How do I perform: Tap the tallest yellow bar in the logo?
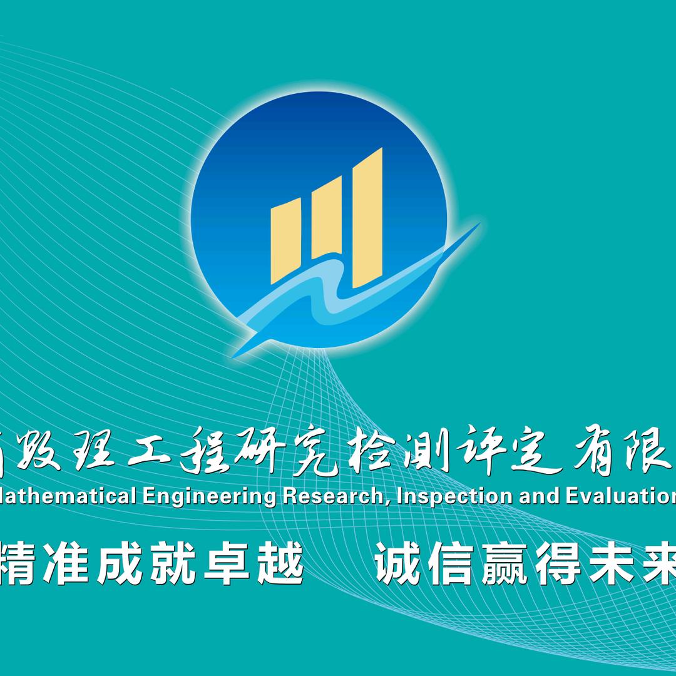[x=367, y=216]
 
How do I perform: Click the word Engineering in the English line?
[x=209, y=496]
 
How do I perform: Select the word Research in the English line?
[x=330, y=496]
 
